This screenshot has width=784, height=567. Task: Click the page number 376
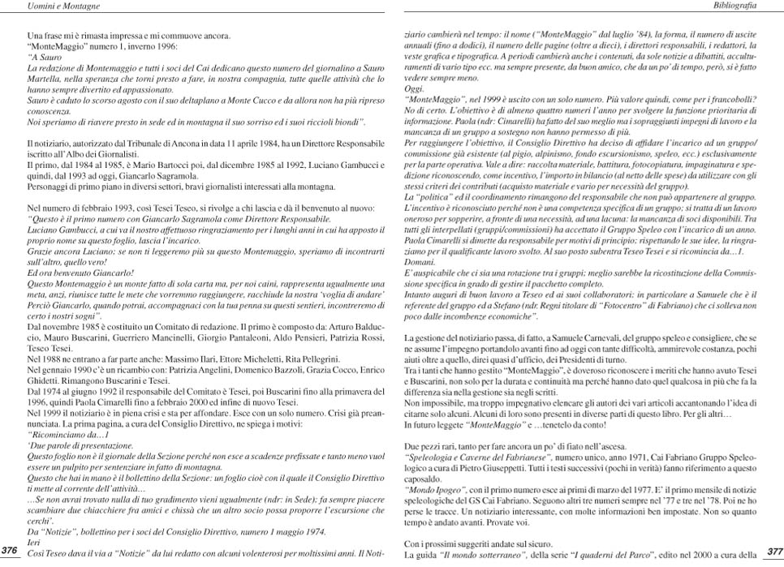(x=11, y=550)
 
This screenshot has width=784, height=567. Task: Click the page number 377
(x=773, y=551)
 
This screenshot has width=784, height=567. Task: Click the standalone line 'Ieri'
(x=34, y=542)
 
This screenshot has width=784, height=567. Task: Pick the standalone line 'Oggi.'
(x=413, y=88)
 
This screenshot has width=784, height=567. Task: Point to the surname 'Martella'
(x=45, y=80)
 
